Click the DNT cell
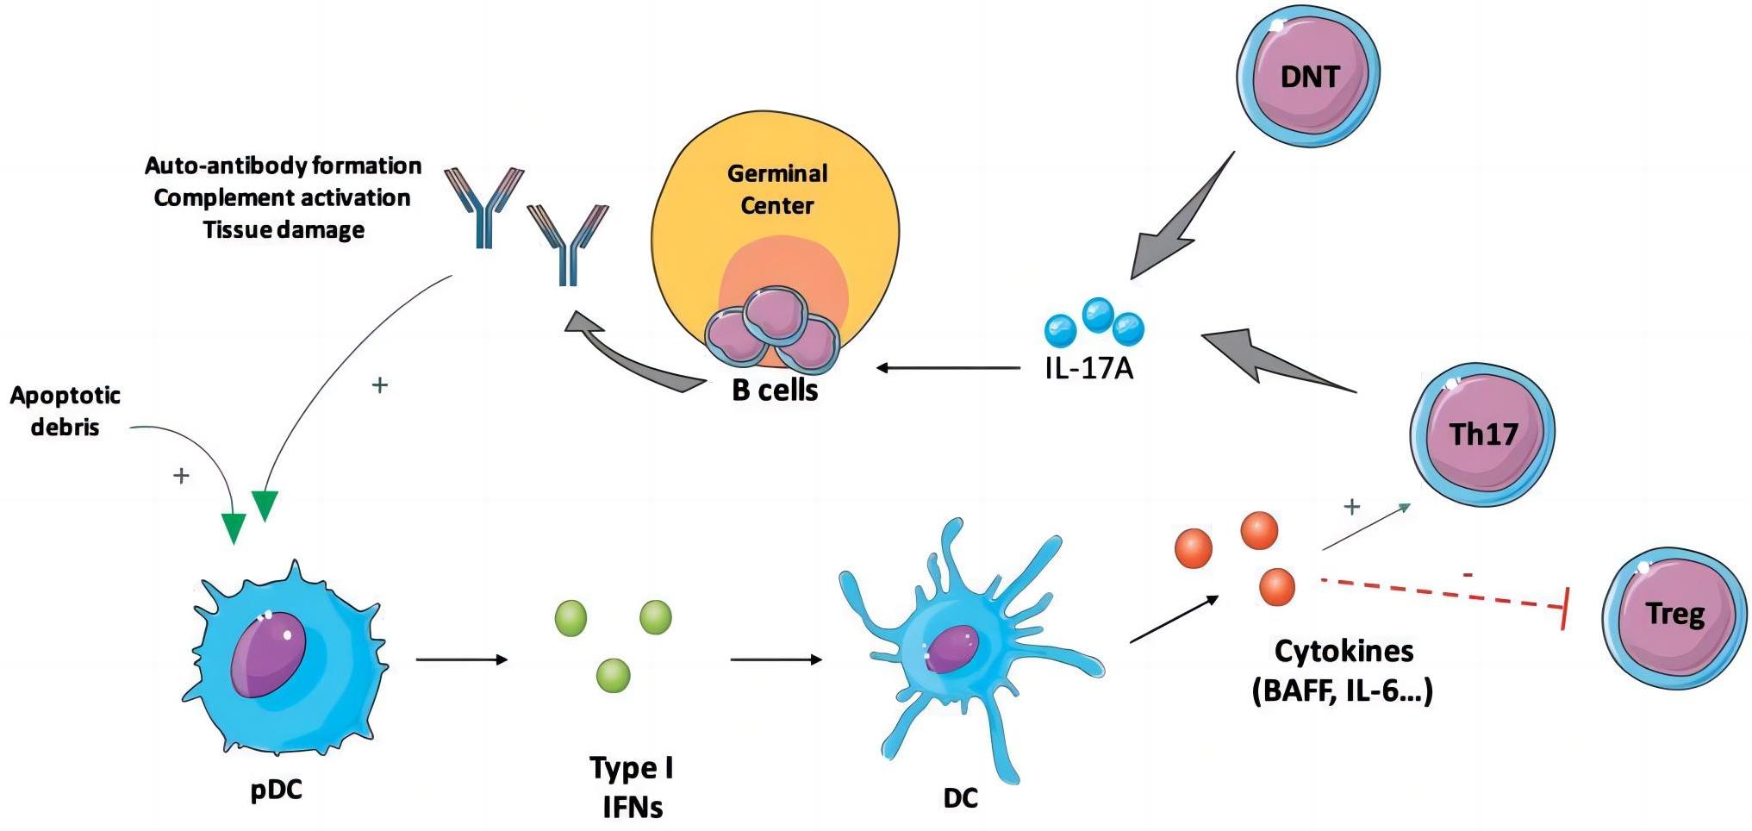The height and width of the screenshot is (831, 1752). [x=1308, y=77]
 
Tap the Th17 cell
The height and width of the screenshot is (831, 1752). [x=1482, y=434]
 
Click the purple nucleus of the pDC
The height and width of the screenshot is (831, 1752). [x=268, y=653]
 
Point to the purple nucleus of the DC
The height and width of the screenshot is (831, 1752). [x=951, y=648]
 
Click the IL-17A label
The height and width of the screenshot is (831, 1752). [x=1088, y=369]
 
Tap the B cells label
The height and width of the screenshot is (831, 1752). [x=774, y=391]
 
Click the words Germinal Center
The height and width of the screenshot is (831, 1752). [x=776, y=190]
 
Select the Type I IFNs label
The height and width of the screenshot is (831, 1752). [x=632, y=787]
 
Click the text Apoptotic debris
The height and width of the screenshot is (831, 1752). [x=65, y=411]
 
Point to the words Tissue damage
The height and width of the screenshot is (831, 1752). [x=284, y=230]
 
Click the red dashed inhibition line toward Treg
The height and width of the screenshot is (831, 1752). [x=1439, y=594]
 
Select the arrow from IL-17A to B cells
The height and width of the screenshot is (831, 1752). [x=948, y=368]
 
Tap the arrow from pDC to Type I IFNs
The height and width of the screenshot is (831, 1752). [x=461, y=660]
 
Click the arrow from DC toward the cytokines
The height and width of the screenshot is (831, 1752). [x=1174, y=619]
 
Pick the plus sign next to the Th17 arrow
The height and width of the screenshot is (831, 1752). [x=1351, y=507]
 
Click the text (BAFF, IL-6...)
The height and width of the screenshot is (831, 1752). [x=1342, y=691]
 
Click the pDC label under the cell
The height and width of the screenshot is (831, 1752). [x=276, y=790]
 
